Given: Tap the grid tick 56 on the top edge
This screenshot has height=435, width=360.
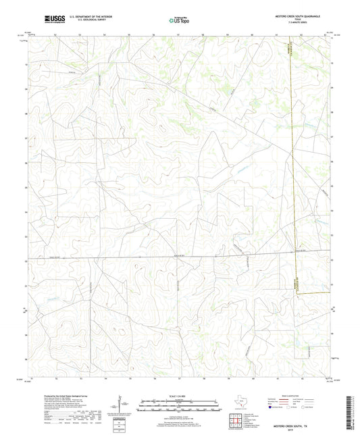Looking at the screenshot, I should pyautogui.click(x=154, y=34).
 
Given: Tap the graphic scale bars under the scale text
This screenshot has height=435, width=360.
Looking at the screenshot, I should pyautogui.click(x=179, y=407).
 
